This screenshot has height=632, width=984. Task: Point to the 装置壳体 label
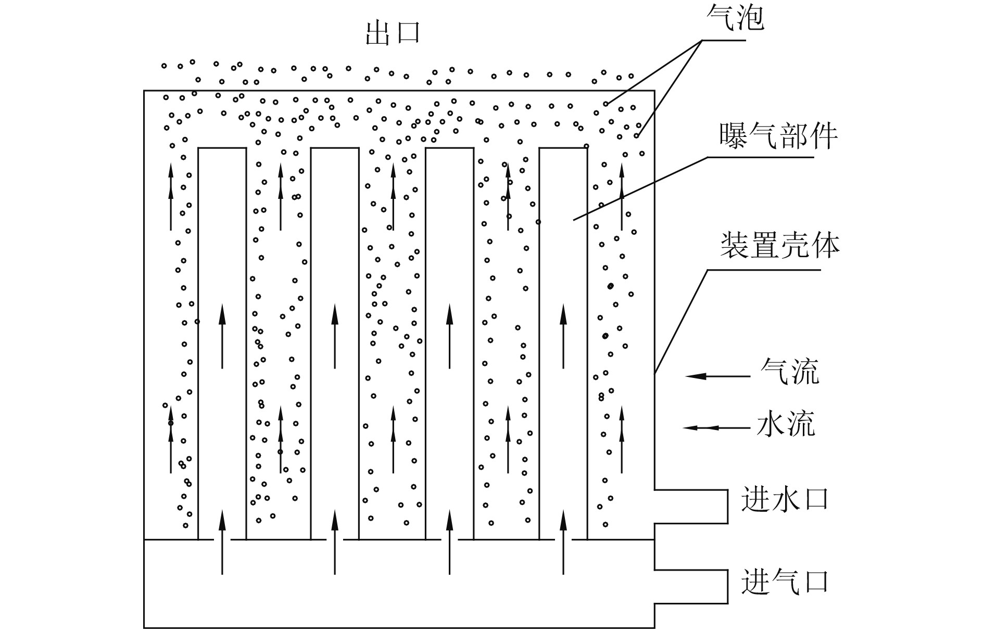coord(779,245)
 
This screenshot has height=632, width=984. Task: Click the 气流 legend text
coord(789,371)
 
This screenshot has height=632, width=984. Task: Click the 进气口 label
coord(784,581)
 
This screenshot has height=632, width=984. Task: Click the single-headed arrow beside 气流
coord(717,376)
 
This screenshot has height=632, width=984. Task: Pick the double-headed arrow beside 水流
coord(716,428)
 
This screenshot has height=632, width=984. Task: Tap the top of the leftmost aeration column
coord(222,148)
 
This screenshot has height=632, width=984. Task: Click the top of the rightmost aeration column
coord(563,148)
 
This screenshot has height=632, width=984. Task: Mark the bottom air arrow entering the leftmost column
coord(222,541)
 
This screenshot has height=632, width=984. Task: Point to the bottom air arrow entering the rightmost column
coord(563,541)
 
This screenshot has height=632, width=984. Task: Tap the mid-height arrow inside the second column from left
coord(335,336)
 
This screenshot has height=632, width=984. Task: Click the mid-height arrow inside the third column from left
coord(450,336)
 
